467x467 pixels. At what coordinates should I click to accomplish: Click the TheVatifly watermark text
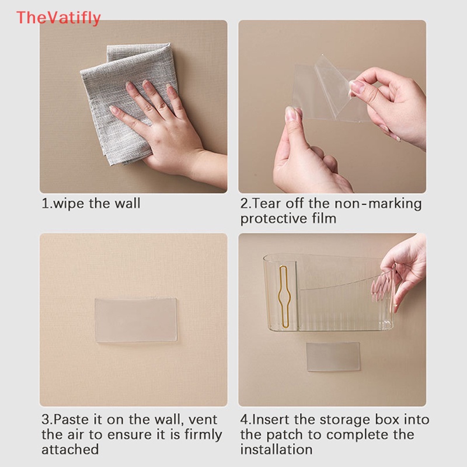(58, 18)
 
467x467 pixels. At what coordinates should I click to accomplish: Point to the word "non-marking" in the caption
(378, 204)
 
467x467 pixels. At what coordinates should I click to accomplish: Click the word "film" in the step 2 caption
(325, 218)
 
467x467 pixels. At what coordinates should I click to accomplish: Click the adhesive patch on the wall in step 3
(136, 319)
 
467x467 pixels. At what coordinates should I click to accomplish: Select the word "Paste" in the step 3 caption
(71, 420)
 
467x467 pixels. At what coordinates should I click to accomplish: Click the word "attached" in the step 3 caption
(70, 449)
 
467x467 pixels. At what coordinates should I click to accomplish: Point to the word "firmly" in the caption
(203, 435)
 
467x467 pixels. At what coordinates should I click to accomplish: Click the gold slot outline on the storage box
(284, 297)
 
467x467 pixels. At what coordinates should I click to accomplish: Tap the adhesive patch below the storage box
(333, 357)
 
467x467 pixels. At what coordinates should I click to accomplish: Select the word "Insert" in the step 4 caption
(270, 420)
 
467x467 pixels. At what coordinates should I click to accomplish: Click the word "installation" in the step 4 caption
(276, 449)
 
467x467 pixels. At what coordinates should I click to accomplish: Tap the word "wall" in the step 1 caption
(127, 203)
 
